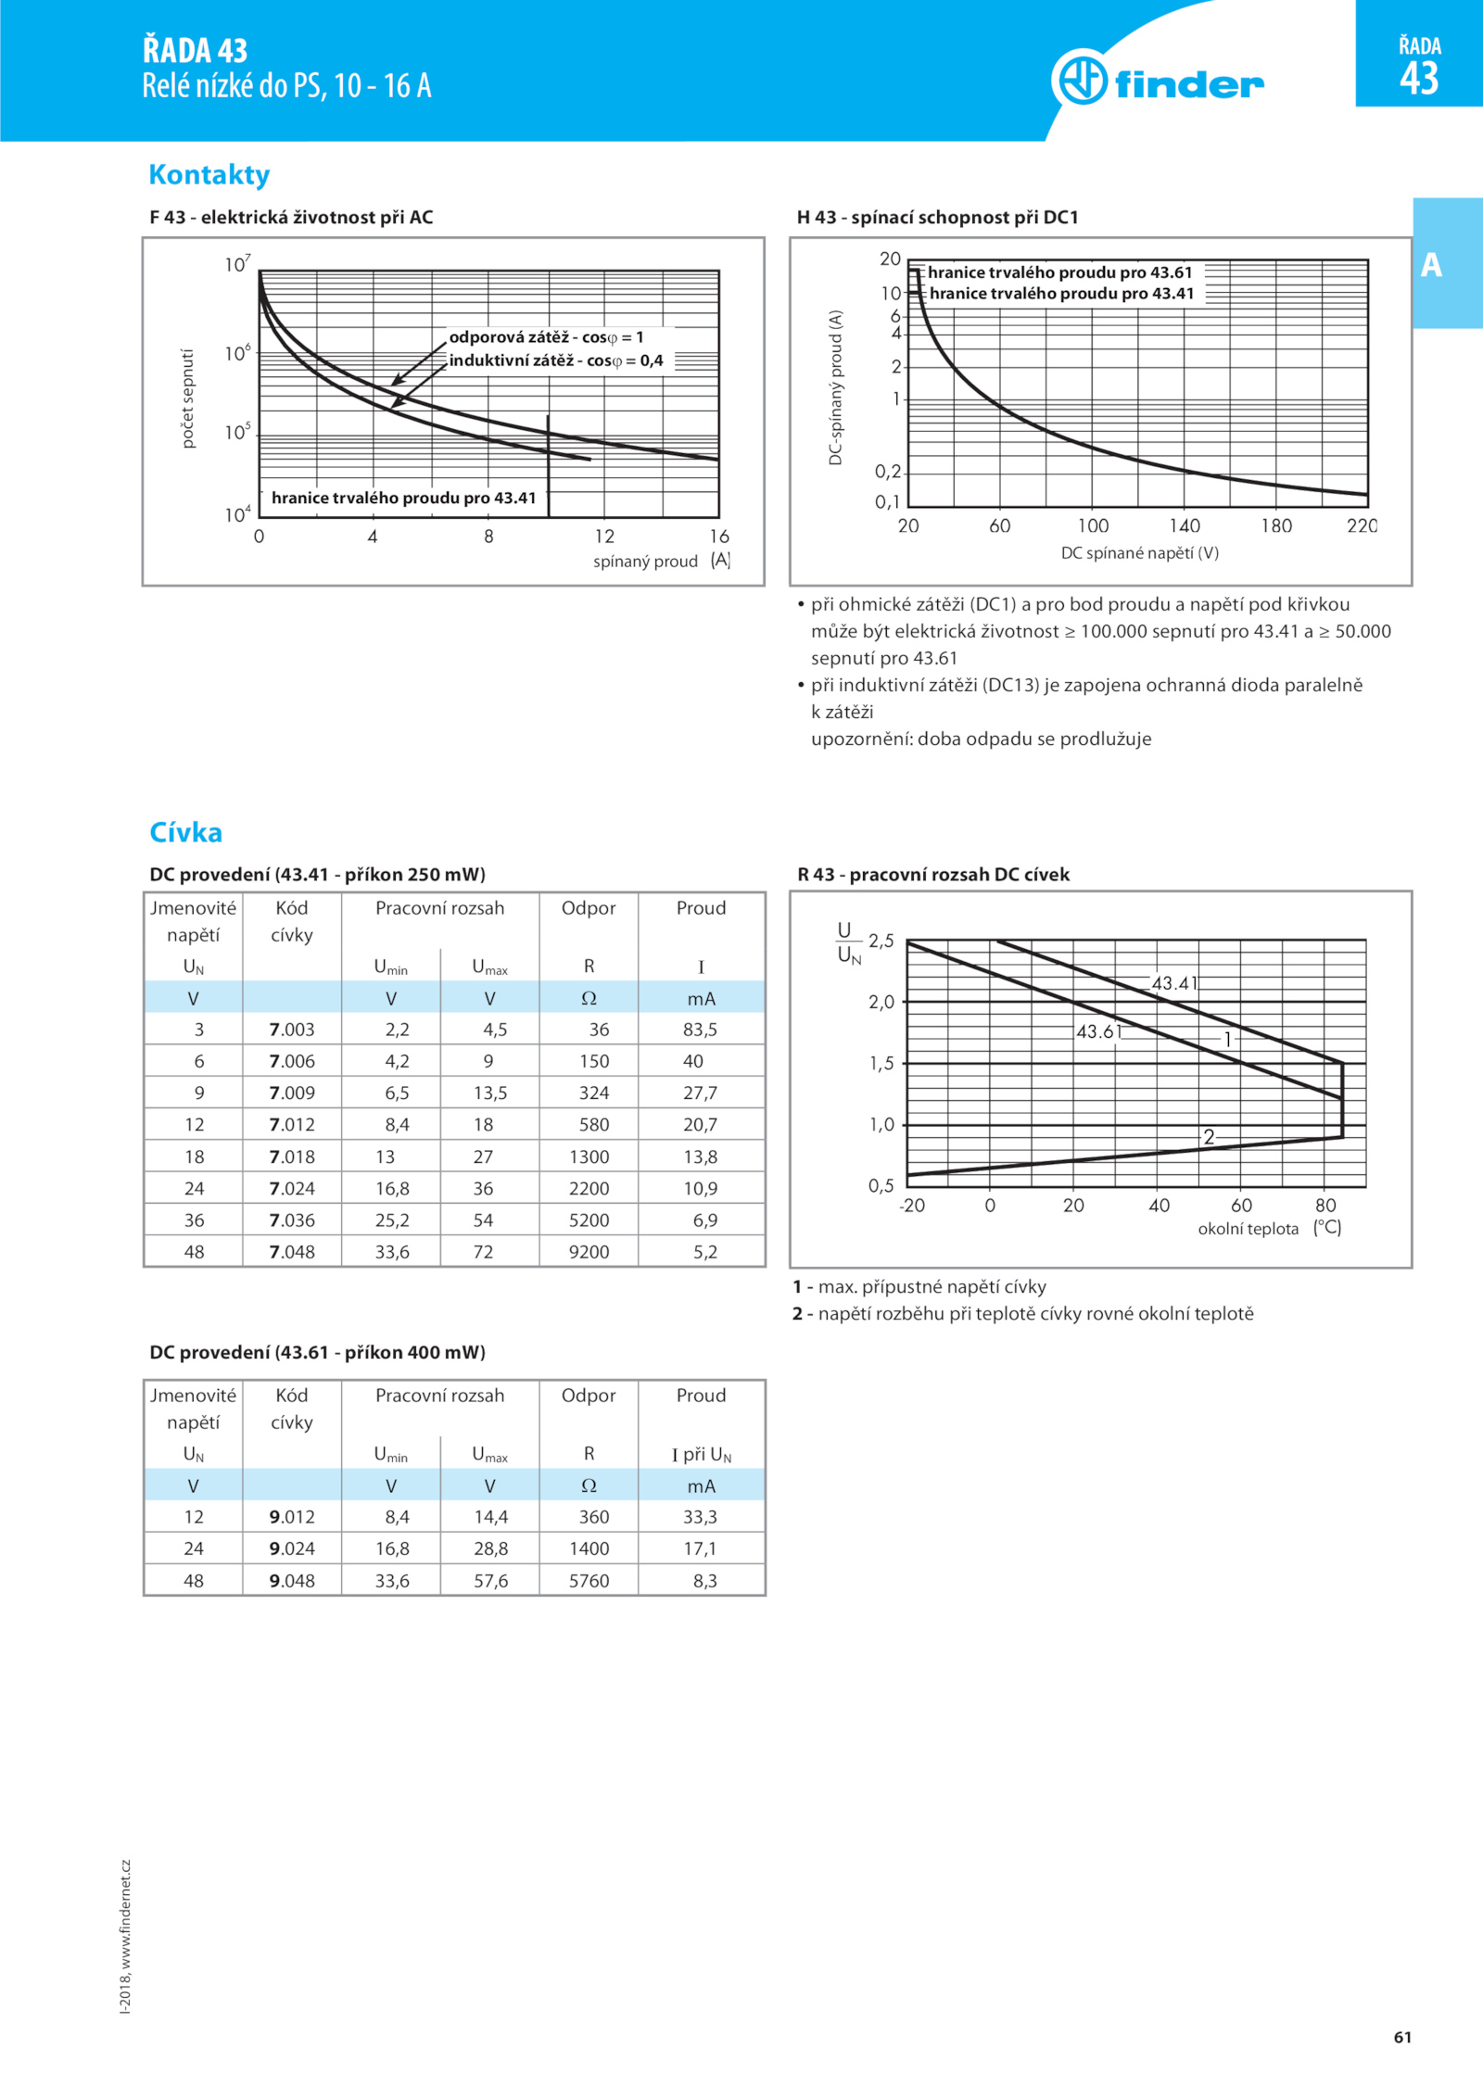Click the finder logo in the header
(x=1158, y=80)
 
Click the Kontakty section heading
(x=209, y=174)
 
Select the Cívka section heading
(x=186, y=832)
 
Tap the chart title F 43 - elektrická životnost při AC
(x=291, y=217)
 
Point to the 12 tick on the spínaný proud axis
(x=604, y=537)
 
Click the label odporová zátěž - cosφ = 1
(x=547, y=337)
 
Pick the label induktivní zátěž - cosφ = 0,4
(x=556, y=360)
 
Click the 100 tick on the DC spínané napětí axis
(x=1093, y=525)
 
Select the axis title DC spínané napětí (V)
(x=1139, y=553)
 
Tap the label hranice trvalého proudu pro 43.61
(x=1059, y=272)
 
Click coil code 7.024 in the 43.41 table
(x=292, y=1189)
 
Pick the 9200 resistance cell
(x=589, y=1252)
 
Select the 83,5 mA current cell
(x=700, y=1030)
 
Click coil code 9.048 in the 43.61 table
(x=292, y=1581)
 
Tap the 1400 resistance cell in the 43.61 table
(x=589, y=1548)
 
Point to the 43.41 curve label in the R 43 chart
(x=1174, y=983)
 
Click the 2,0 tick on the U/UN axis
(x=881, y=1002)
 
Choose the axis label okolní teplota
(x=1248, y=1229)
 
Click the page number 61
(x=1402, y=2037)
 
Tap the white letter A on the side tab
(x=1431, y=265)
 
